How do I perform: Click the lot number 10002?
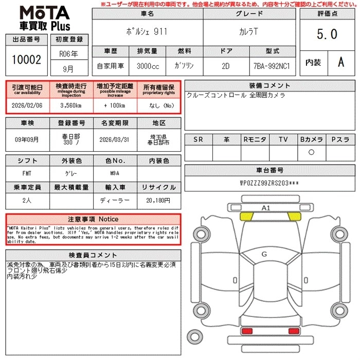click(x=26, y=60)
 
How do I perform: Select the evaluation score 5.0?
click(x=327, y=34)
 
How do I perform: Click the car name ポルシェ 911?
click(x=147, y=31)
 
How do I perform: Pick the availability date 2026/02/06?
click(x=27, y=104)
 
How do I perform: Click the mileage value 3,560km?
click(x=71, y=104)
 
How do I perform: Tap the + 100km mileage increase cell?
click(x=115, y=104)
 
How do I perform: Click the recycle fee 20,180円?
click(x=159, y=200)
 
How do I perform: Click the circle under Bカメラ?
click(x=312, y=152)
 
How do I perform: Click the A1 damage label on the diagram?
click(x=266, y=208)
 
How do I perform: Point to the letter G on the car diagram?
click(x=264, y=254)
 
